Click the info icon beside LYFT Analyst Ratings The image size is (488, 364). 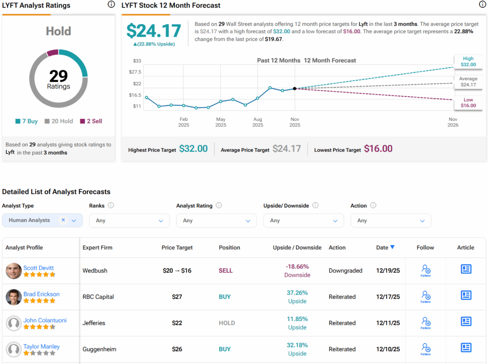[111, 5]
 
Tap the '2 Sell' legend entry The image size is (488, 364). [91, 121]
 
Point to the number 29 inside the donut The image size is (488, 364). [58, 76]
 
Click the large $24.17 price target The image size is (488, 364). [153, 31]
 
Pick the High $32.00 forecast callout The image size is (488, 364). [468, 61]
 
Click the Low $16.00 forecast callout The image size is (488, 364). [468, 103]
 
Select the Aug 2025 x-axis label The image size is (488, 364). [258, 122]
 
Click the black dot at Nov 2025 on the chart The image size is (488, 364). [295, 89]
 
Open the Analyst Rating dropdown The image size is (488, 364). [216, 220]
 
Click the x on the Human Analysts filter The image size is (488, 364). [63, 220]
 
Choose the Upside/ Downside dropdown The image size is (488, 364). [303, 220]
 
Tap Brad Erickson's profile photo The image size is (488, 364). [14, 297]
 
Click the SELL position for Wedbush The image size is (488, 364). [225, 271]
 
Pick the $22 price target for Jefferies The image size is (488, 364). [177, 323]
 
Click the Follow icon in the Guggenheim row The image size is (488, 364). [426, 349]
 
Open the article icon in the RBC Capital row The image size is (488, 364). [466, 295]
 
